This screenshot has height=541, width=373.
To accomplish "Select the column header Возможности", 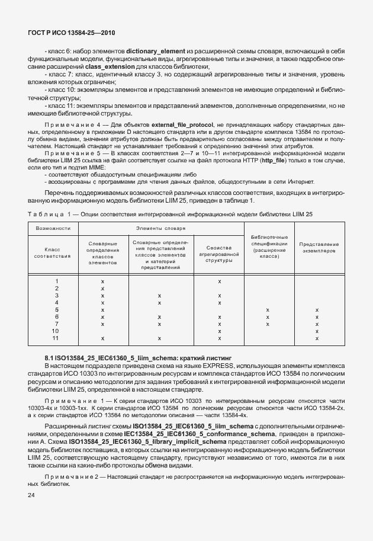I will pos(54,228).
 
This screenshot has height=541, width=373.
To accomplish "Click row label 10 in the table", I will pos(56,331).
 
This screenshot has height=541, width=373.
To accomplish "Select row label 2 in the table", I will pos(56,288).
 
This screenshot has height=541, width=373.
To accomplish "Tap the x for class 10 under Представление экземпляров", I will pos(317,331).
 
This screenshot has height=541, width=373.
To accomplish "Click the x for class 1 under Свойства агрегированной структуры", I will pos(219,281).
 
